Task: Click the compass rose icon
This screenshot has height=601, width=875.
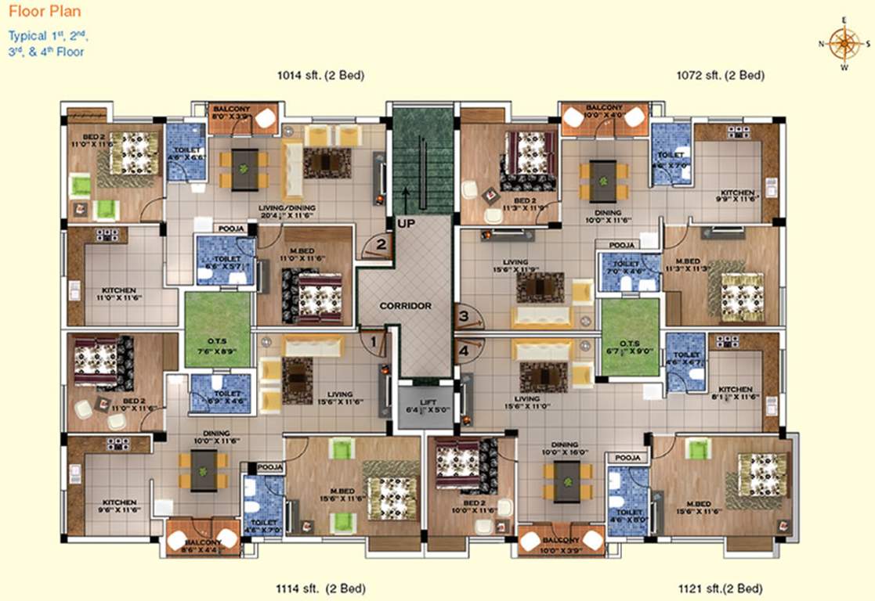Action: tap(844, 44)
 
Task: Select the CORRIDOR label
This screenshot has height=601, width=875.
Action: tap(406, 305)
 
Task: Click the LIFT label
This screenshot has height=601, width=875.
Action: tap(425, 405)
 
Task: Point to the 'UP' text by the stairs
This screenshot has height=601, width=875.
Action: tap(406, 223)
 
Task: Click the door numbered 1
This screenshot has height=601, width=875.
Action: tap(374, 340)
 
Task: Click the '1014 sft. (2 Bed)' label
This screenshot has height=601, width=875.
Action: tap(321, 76)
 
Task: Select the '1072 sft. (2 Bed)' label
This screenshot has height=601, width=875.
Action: tap(721, 76)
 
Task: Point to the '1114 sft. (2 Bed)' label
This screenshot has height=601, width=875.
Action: tap(321, 588)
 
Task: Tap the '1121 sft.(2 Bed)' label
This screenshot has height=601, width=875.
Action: tap(719, 588)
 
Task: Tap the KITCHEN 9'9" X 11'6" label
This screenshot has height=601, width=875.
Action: tap(737, 197)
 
